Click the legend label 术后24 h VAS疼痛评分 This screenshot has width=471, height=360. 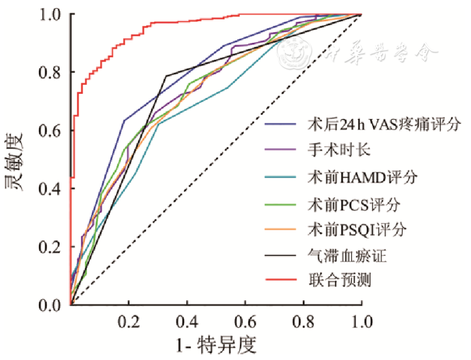[x=383, y=123]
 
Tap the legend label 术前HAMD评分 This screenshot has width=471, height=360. [x=362, y=177]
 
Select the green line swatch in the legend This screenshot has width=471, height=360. [x=280, y=203]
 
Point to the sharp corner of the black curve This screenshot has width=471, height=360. [x=166, y=76]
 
